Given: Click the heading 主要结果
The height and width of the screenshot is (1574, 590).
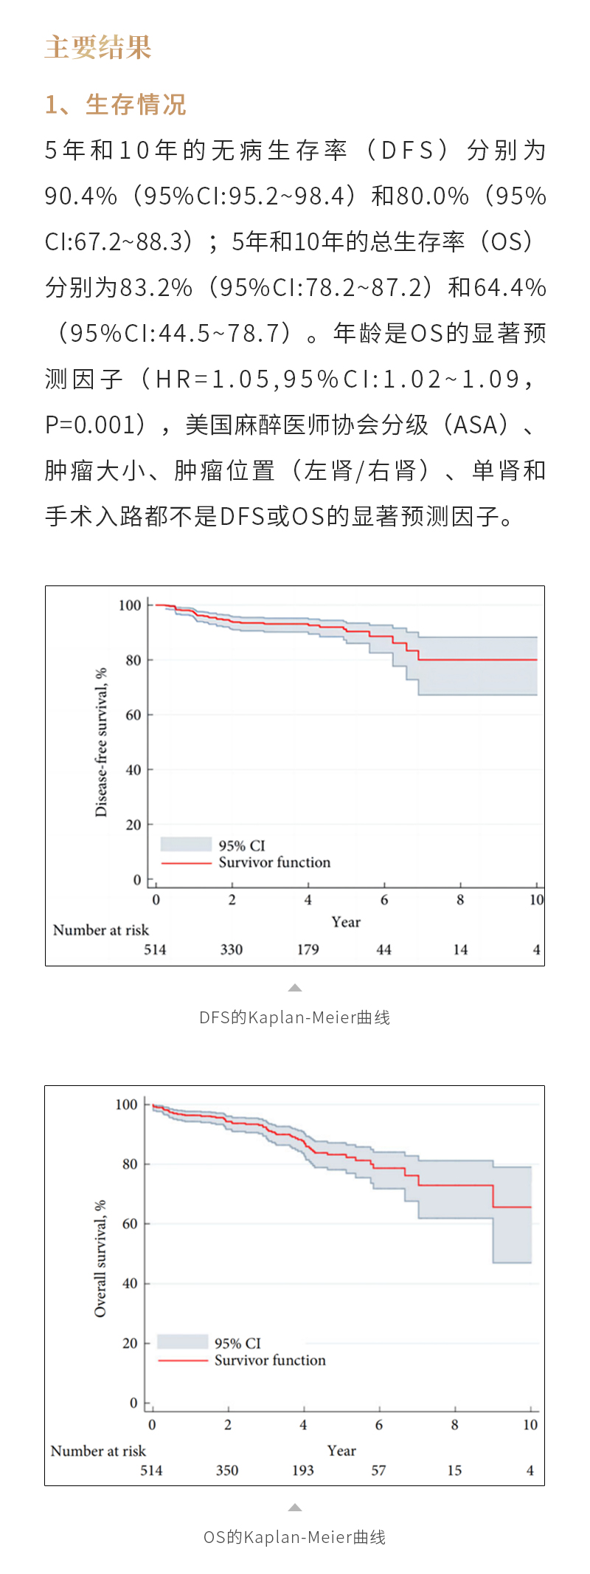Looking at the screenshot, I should click(x=98, y=47).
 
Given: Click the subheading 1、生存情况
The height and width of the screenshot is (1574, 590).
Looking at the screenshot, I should click(x=116, y=105).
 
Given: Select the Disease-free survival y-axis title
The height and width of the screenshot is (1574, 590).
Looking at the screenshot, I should click(x=101, y=742).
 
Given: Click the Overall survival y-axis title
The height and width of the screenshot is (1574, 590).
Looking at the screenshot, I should click(x=100, y=1258).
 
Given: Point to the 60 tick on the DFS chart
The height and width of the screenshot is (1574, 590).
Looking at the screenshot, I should click(x=133, y=715).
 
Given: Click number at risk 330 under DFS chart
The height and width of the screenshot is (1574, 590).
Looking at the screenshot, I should click(x=232, y=949).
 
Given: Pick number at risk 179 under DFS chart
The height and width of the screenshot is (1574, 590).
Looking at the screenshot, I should click(x=308, y=949).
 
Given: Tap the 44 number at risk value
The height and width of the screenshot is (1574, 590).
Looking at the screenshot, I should click(x=383, y=949).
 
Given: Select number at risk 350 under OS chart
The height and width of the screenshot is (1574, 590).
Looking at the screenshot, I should click(x=227, y=1470).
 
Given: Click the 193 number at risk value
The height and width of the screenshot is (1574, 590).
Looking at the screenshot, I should click(x=303, y=1470).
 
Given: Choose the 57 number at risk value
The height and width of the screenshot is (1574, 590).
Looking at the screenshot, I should click(x=378, y=1470).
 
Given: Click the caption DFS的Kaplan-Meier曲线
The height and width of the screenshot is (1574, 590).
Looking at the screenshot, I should click(x=294, y=1017).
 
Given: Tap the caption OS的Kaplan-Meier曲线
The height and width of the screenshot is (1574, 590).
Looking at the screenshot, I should click(x=294, y=1537).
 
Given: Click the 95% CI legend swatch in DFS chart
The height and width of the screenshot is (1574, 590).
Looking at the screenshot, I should click(x=186, y=845).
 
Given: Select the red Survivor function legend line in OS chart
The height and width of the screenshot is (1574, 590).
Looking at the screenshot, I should click(x=182, y=1360).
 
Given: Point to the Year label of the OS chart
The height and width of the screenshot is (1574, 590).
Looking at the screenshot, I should click(x=341, y=1450).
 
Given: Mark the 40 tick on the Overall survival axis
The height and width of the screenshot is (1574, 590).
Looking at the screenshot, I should click(x=130, y=1283).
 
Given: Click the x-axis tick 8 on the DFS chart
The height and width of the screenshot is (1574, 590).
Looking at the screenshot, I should click(x=460, y=899).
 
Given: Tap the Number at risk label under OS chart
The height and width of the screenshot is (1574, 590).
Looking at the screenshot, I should click(x=98, y=1451).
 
